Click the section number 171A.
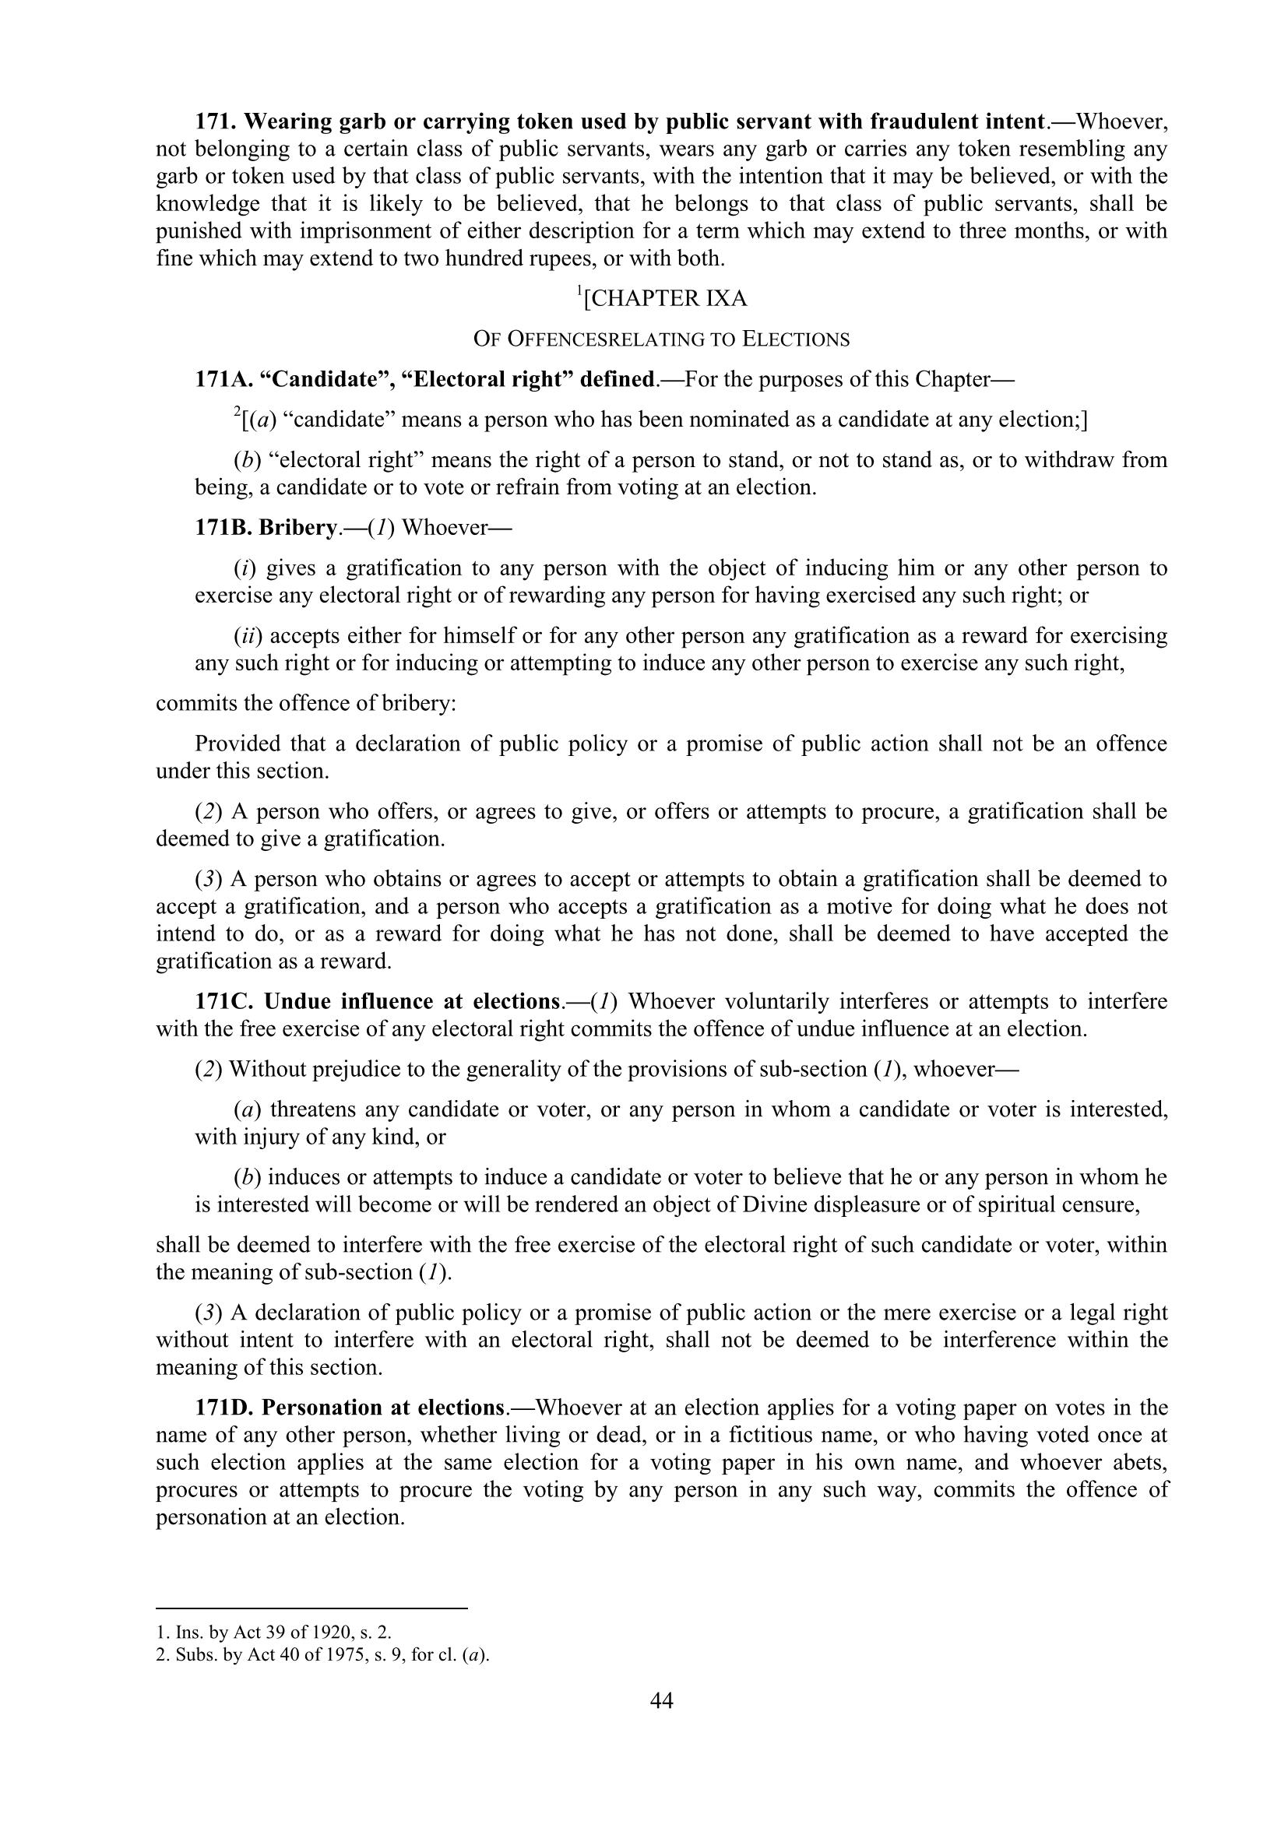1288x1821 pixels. tap(223, 379)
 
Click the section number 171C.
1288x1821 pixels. tap(223, 1002)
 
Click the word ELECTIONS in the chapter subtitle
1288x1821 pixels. tap(796, 339)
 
